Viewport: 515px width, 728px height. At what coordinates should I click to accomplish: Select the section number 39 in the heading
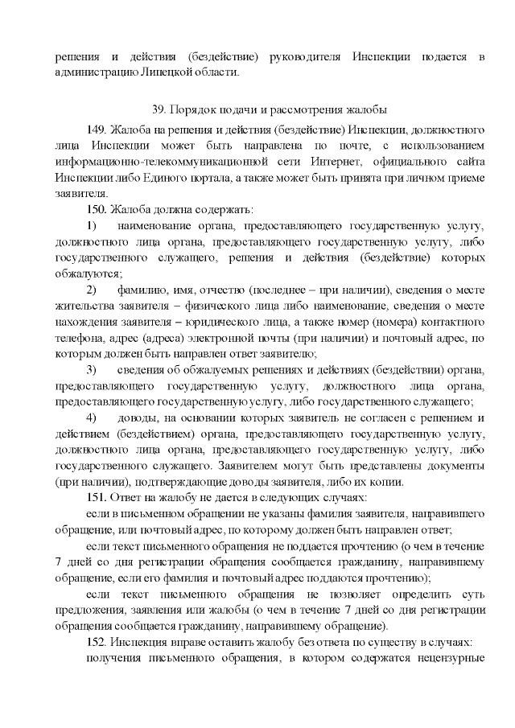(x=158, y=109)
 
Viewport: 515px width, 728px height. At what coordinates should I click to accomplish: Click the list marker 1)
(x=91, y=227)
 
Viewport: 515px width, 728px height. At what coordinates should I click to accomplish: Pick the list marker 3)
(x=91, y=369)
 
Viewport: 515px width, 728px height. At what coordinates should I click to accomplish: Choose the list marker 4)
(x=91, y=417)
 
